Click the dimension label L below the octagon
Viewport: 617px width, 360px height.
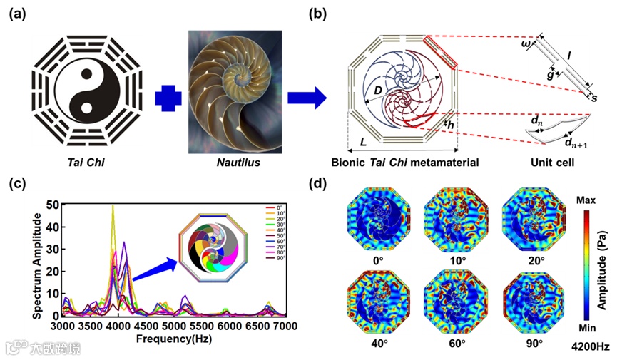[364, 143]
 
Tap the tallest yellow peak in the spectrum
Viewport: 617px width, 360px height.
[113, 208]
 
